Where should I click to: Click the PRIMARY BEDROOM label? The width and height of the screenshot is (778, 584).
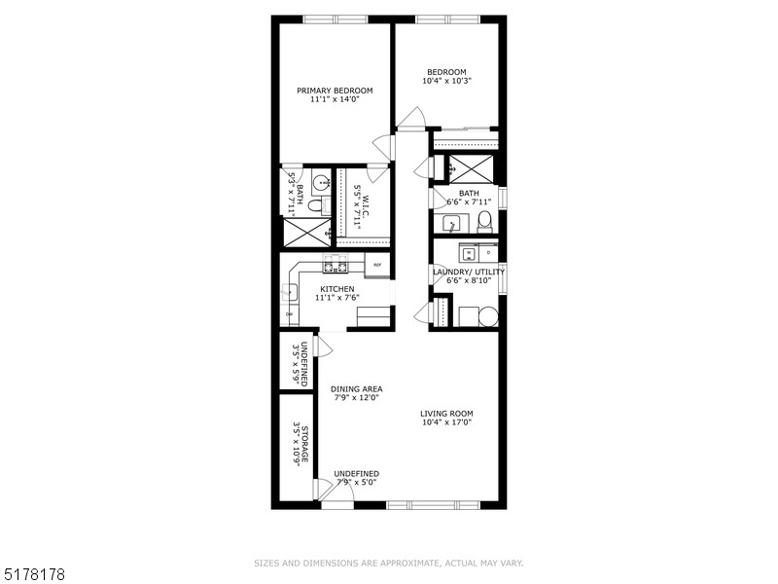click(335, 91)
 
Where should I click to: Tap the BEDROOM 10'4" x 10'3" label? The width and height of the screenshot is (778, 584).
click(446, 71)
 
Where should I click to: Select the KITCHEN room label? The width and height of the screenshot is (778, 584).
click(337, 289)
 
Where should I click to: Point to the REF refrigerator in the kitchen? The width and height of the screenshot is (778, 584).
click(377, 265)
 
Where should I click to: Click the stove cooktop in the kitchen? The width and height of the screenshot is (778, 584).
click(336, 265)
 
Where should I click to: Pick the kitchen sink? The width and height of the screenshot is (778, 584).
click(289, 290)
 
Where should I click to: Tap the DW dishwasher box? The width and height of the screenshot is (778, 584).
click(289, 314)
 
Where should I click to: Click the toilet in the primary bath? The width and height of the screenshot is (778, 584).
click(315, 204)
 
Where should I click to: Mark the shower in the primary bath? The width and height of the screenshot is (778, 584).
click(305, 233)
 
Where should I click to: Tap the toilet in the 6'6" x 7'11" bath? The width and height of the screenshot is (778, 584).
click(484, 223)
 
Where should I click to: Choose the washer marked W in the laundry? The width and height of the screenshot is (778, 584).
click(467, 251)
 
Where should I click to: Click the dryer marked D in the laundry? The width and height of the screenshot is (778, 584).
click(488, 251)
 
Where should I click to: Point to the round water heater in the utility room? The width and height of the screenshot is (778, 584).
click(488, 316)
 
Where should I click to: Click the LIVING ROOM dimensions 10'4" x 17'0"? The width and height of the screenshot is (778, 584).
click(447, 422)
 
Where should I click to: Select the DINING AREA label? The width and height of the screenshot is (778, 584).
click(356, 388)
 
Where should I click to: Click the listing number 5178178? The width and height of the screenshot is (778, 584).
click(34, 574)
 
